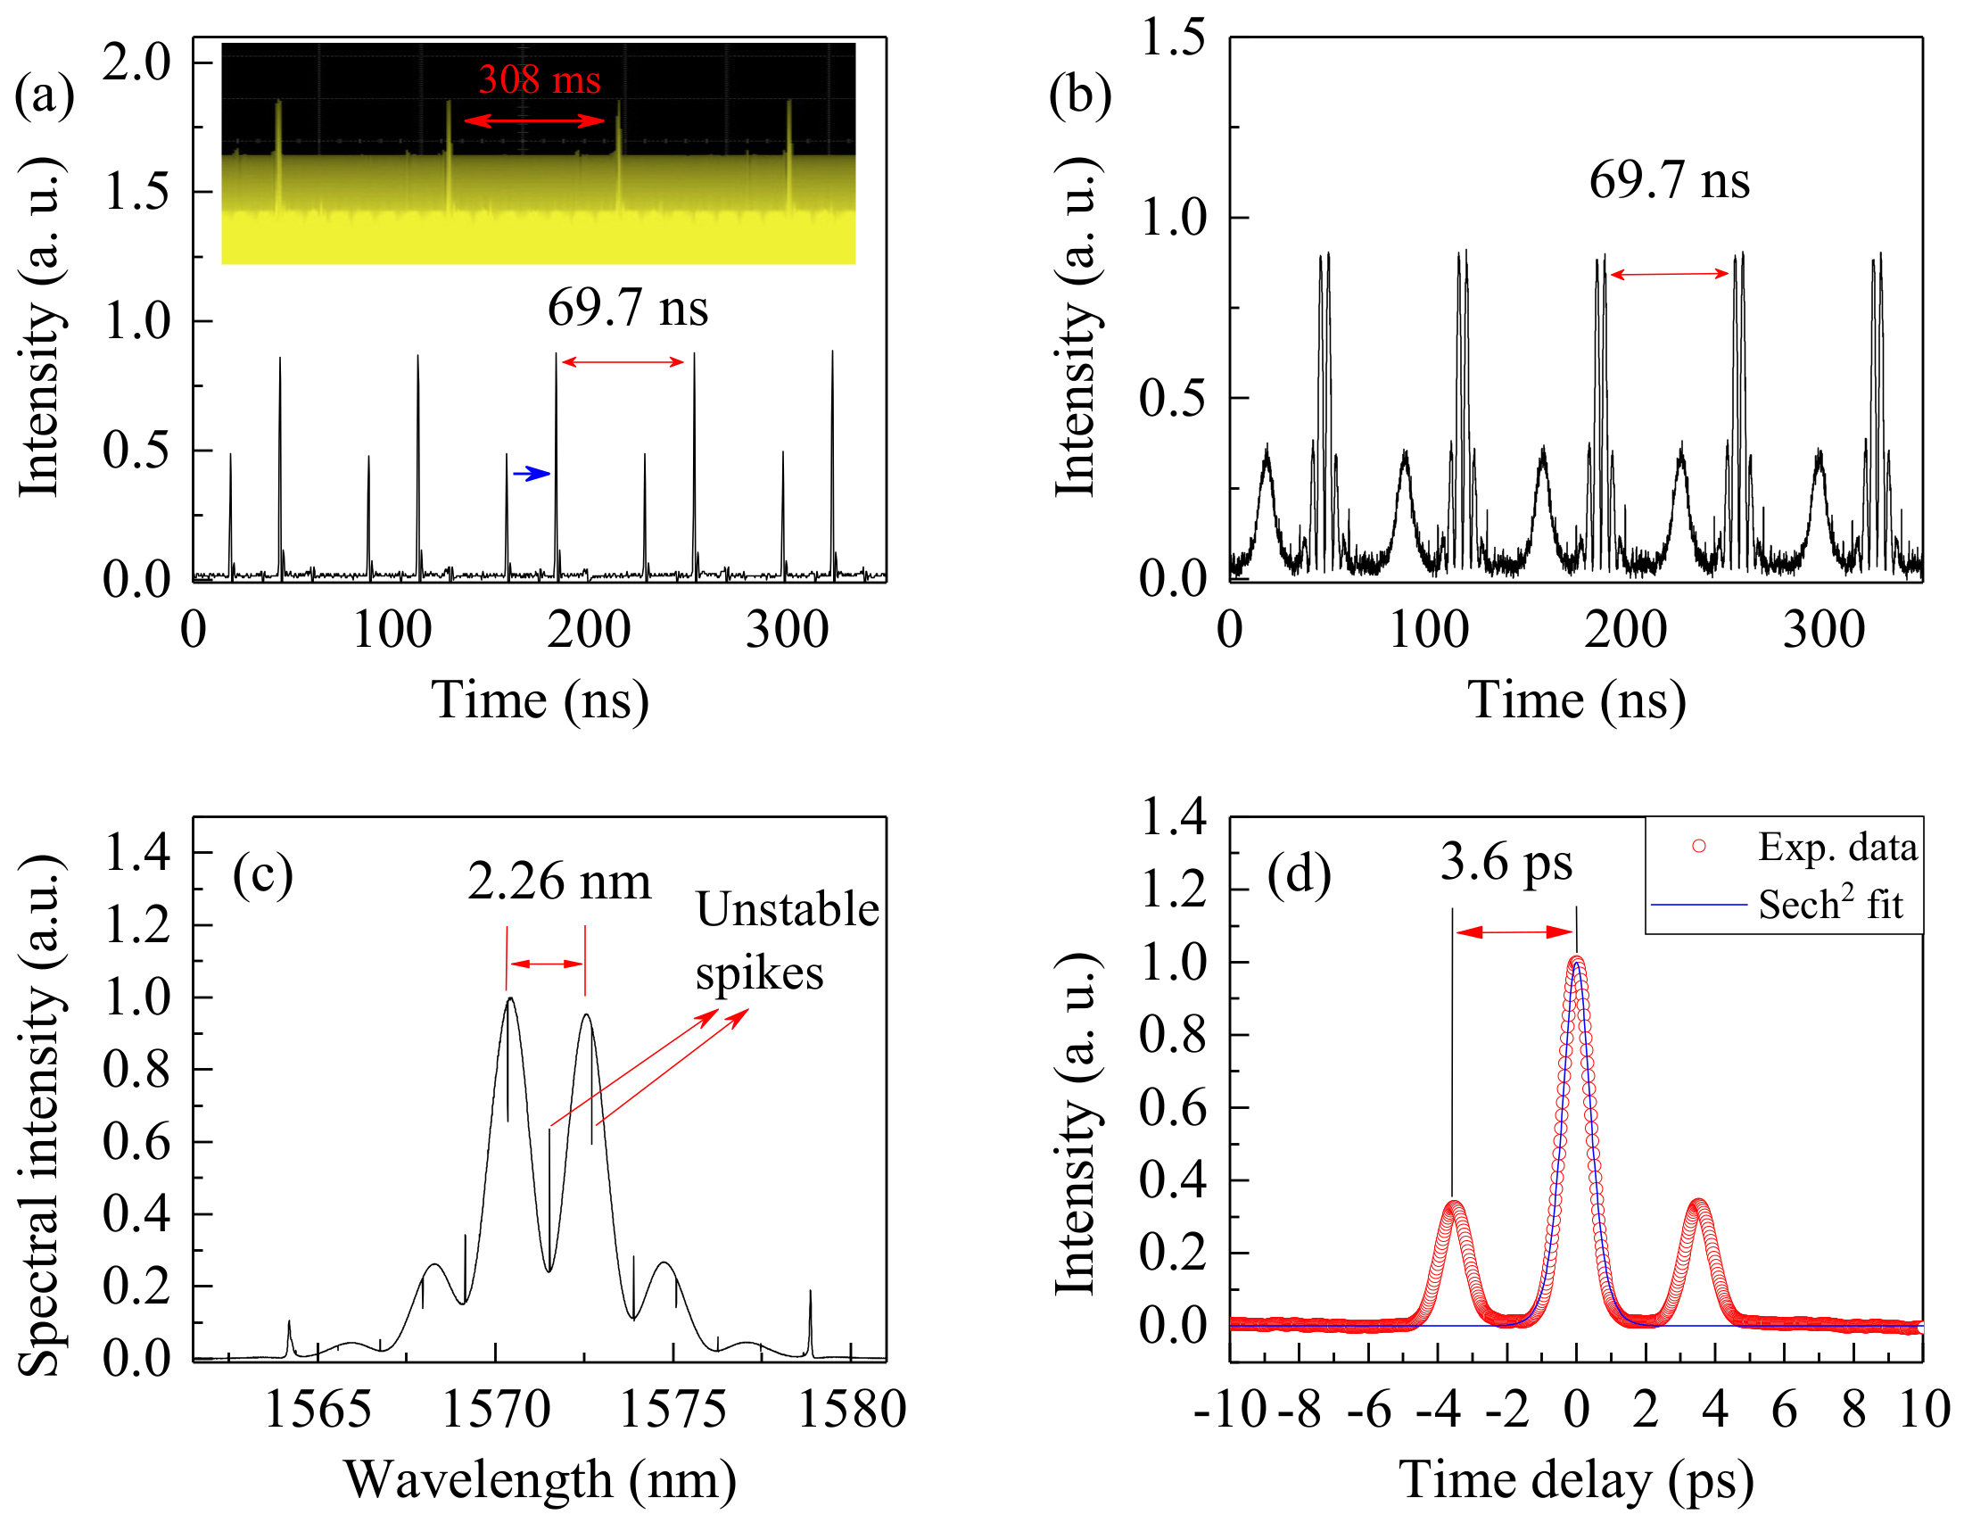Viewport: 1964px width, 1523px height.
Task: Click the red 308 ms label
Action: (x=539, y=80)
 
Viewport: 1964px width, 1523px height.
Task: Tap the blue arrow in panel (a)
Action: (x=532, y=473)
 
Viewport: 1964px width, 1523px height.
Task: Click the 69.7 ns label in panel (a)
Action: (x=628, y=309)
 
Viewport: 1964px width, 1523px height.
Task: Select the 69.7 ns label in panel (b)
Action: (x=1669, y=181)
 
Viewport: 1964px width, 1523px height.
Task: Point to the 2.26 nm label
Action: (x=558, y=882)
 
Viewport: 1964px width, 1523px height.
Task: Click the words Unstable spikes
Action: (x=786, y=941)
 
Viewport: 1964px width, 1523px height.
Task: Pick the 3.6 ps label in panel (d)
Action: (x=1506, y=863)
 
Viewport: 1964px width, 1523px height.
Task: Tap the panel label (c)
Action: (x=262, y=874)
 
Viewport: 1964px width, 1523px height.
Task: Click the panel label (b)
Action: (x=1079, y=95)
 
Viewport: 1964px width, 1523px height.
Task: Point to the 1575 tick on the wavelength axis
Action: (x=673, y=1410)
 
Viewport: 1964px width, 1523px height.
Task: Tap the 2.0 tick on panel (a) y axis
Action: (x=136, y=63)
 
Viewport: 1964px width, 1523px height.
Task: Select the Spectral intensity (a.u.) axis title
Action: (x=40, y=1116)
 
